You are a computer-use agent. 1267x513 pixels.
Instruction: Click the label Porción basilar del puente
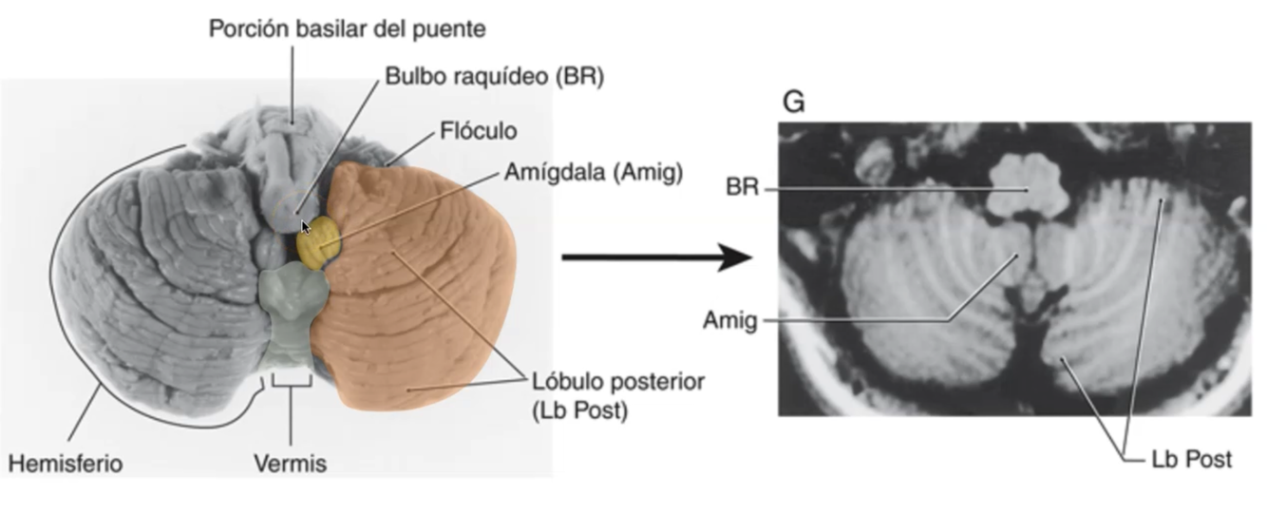pos(348,29)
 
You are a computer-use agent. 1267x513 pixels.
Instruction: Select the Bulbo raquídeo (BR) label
pos(494,77)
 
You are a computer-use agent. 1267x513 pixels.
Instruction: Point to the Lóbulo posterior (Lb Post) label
pos(617,396)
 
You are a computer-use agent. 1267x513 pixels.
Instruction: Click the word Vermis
pos(290,464)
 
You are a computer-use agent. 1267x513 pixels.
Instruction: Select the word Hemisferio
pos(66,464)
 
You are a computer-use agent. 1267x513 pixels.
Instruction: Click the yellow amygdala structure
pos(317,241)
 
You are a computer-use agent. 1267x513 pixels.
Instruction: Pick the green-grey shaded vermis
pos(289,313)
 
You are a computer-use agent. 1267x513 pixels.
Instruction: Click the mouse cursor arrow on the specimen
pos(306,227)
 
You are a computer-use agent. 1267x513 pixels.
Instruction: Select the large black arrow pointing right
pos(655,256)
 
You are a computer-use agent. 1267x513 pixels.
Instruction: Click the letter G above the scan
pos(793,102)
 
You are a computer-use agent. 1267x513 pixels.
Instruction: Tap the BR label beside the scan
pos(742,188)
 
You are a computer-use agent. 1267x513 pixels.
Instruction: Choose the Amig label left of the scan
pos(729,320)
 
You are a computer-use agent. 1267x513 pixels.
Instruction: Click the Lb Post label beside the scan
pos(1191,460)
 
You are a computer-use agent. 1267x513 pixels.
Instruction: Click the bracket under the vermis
pos(291,383)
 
